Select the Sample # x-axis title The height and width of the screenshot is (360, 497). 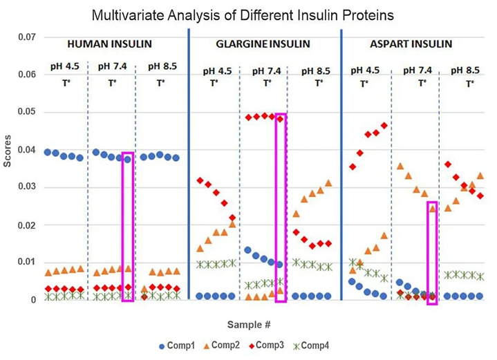(249, 323)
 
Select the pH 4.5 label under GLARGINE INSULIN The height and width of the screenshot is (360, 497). (217, 70)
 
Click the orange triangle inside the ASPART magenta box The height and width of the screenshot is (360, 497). (432, 208)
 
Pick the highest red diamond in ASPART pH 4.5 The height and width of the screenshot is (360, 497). (384, 126)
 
